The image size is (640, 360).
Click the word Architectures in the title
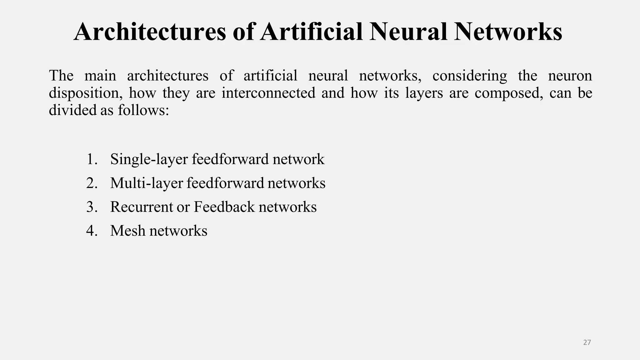pyautogui.click(x=150, y=32)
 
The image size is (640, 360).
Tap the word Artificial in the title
pyautogui.click(x=312, y=32)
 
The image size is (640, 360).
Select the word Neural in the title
pyautogui.click(x=408, y=32)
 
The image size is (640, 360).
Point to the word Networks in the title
pyautogui.click(x=508, y=32)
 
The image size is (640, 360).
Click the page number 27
pyautogui.click(x=587, y=342)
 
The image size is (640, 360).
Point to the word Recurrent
pyautogui.click(x=141, y=207)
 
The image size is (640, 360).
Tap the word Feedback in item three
pyautogui.click(x=224, y=207)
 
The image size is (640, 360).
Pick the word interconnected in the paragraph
pyautogui.click(x=268, y=93)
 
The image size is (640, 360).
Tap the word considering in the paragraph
pyautogui.click(x=470, y=76)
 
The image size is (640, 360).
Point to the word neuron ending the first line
pyautogui.click(x=570, y=76)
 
